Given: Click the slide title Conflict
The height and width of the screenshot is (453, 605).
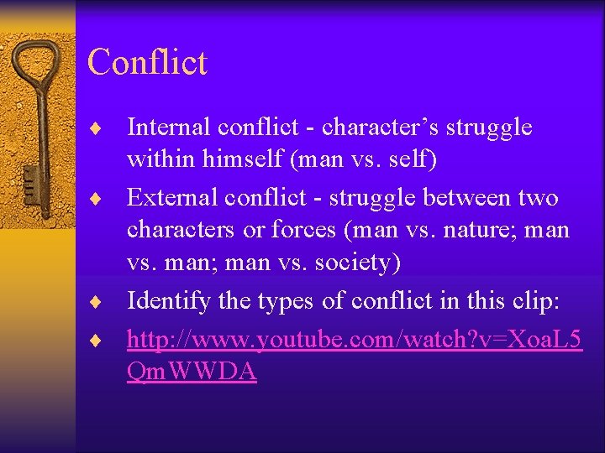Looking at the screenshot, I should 147,62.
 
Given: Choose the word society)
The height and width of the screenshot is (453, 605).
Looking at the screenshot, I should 356,263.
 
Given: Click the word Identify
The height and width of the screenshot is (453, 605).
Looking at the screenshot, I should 167,299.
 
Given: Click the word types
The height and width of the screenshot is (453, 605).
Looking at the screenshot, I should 290,299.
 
